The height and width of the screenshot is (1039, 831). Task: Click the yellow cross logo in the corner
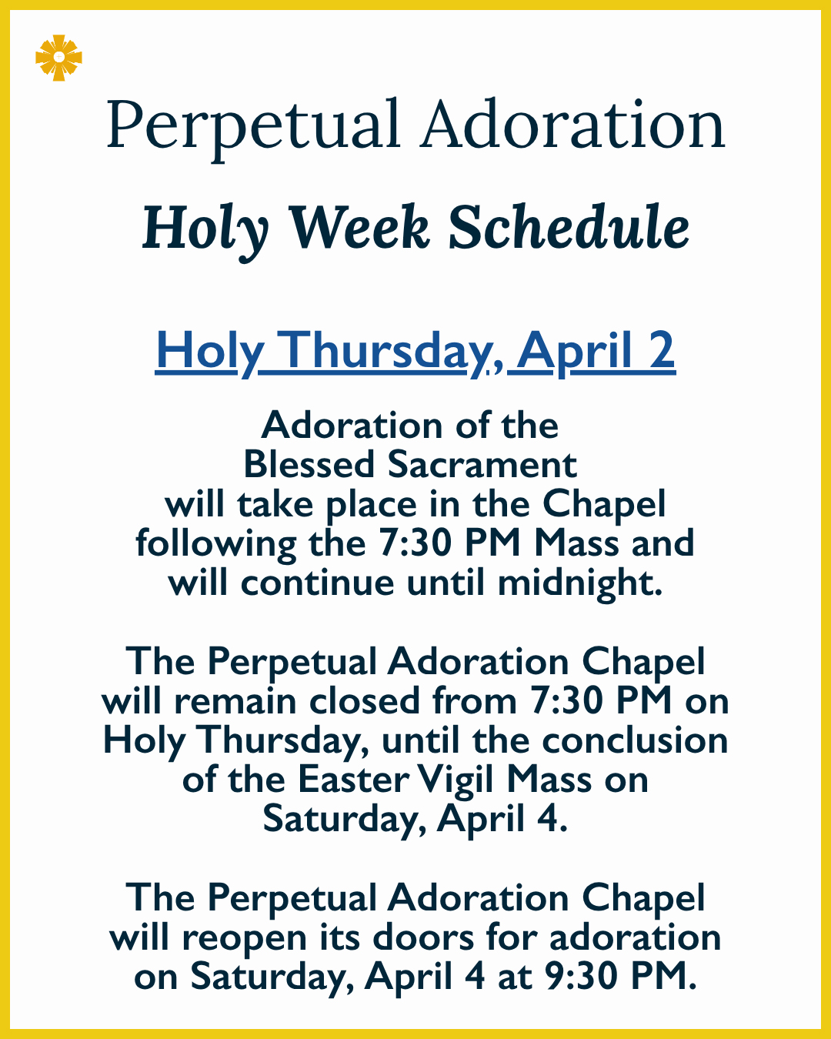click(58, 58)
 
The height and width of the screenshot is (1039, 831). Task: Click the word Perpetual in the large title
click(253, 125)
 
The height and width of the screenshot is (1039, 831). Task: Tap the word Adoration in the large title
click(572, 125)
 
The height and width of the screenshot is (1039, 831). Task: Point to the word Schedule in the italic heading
click(569, 228)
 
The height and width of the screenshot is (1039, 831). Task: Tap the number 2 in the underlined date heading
click(661, 351)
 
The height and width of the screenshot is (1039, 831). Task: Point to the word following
click(216, 543)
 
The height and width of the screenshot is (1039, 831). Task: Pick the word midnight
click(579, 583)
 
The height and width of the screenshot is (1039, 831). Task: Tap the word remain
click(235, 701)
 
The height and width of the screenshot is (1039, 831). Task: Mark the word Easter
click(353, 780)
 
